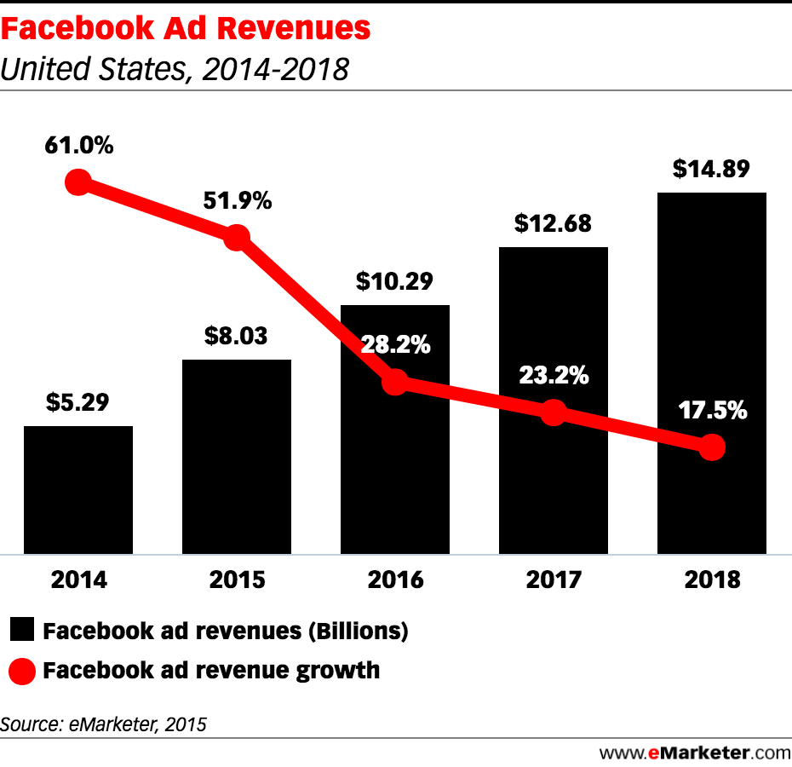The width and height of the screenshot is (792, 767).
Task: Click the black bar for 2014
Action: pos(78,490)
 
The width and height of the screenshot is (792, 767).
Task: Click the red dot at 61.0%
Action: pos(78,182)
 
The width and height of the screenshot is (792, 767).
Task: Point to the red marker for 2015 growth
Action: pos(237,238)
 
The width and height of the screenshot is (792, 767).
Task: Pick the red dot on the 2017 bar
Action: pos(554,413)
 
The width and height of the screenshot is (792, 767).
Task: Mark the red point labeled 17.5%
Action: pos(712,447)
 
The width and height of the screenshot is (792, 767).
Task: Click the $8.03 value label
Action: pos(236,335)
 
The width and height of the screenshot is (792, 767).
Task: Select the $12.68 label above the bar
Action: pos(553,223)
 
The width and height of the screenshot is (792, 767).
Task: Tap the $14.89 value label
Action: pos(711,169)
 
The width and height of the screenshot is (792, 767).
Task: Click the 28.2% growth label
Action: pos(394,346)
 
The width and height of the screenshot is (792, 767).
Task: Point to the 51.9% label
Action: pos(237,201)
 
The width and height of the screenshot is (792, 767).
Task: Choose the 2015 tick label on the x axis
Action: pos(237,580)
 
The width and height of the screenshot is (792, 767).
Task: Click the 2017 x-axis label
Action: pos(554,580)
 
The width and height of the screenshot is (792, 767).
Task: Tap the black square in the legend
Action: pos(23,631)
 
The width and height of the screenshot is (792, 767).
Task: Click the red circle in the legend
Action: pos(23,672)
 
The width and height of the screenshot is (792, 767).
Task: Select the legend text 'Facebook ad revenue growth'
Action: pos(211,671)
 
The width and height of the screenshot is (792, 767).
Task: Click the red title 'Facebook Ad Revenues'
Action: pos(186,29)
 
